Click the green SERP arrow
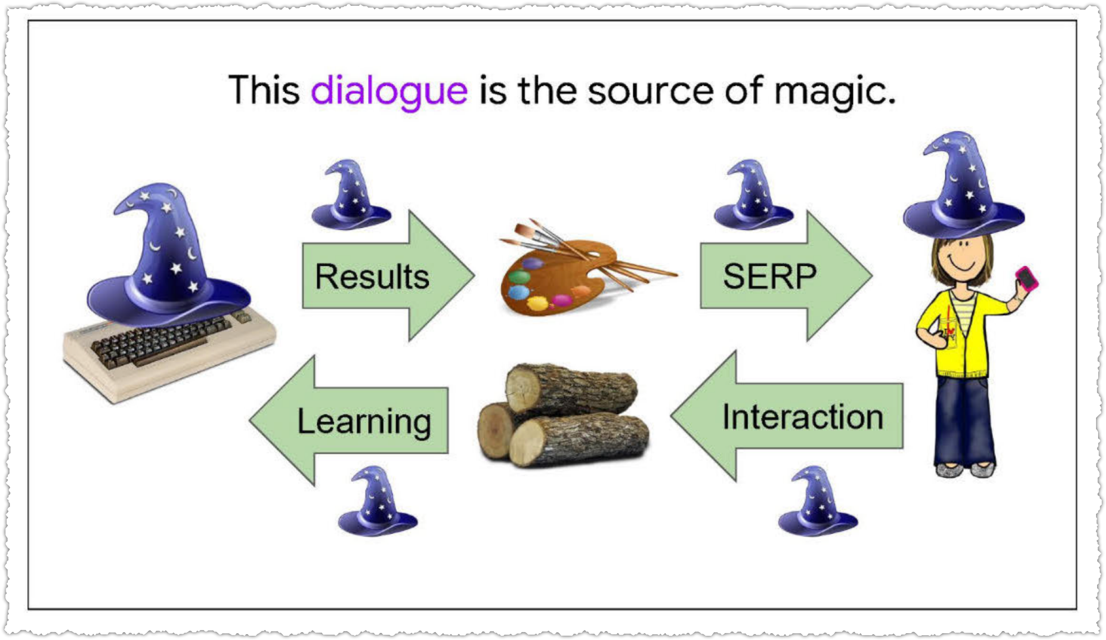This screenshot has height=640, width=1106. click(786, 276)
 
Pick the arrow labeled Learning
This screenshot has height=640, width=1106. click(349, 420)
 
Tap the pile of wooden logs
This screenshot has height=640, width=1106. click(563, 415)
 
